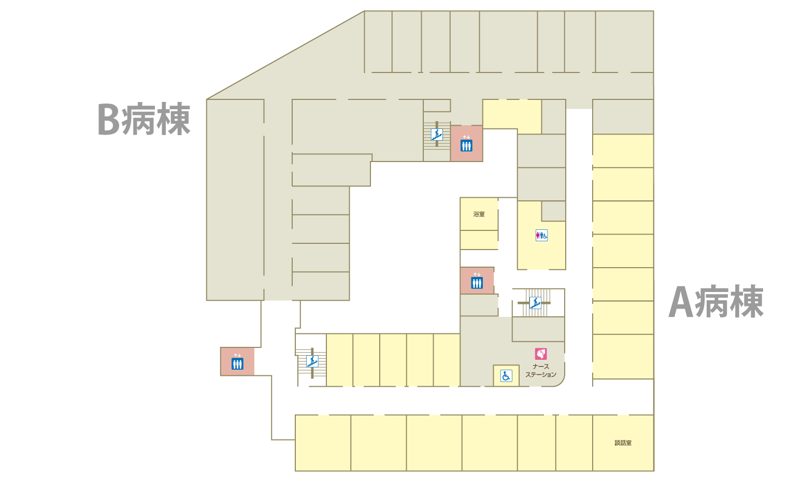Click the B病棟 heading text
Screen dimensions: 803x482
(x=144, y=119)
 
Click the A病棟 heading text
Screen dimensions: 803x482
(x=716, y=301)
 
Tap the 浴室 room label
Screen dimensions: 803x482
(x=479, y=214)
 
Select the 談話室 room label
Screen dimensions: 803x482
(x=623, y=443)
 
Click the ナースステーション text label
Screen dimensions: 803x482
(x=541, y=371)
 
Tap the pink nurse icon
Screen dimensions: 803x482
(x=541, y=354)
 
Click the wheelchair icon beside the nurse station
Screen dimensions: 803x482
(x=506, y=376)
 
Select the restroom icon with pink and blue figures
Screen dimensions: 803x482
(x=542, y=236)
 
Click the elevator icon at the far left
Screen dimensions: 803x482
(x=237, y=362)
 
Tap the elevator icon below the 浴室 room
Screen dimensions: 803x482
(x=477, y=281)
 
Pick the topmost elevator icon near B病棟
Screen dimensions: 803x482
(x=466, y=144)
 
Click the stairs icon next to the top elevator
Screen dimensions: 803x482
(x=437, y=135)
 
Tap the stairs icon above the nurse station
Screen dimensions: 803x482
(x=535, y=303)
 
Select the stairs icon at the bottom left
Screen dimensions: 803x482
(x=312, y=361)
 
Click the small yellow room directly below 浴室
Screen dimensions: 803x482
(x=479, y=240)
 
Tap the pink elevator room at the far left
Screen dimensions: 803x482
(x=237, y=361)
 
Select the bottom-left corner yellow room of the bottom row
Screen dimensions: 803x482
(x=323, y=443)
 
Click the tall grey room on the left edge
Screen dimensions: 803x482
(x=235, y=200)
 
